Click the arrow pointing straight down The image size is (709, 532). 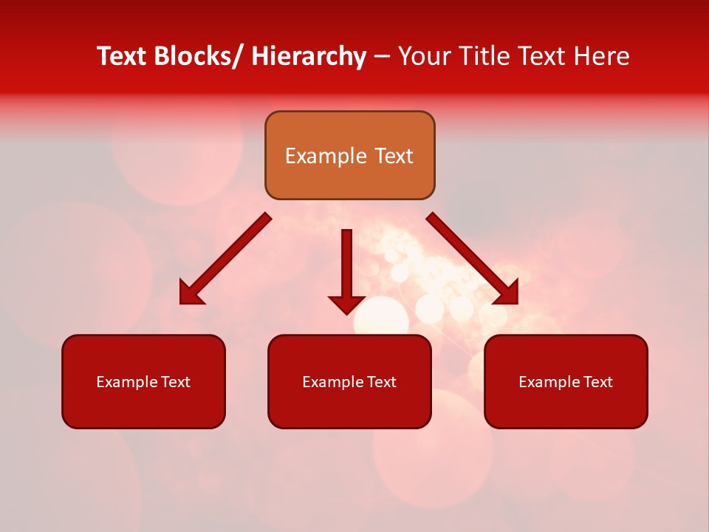pos(346,270)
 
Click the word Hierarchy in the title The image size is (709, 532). pos(309,56)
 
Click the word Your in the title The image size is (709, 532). pos(423,56)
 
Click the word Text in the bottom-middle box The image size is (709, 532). pos(382,382)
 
